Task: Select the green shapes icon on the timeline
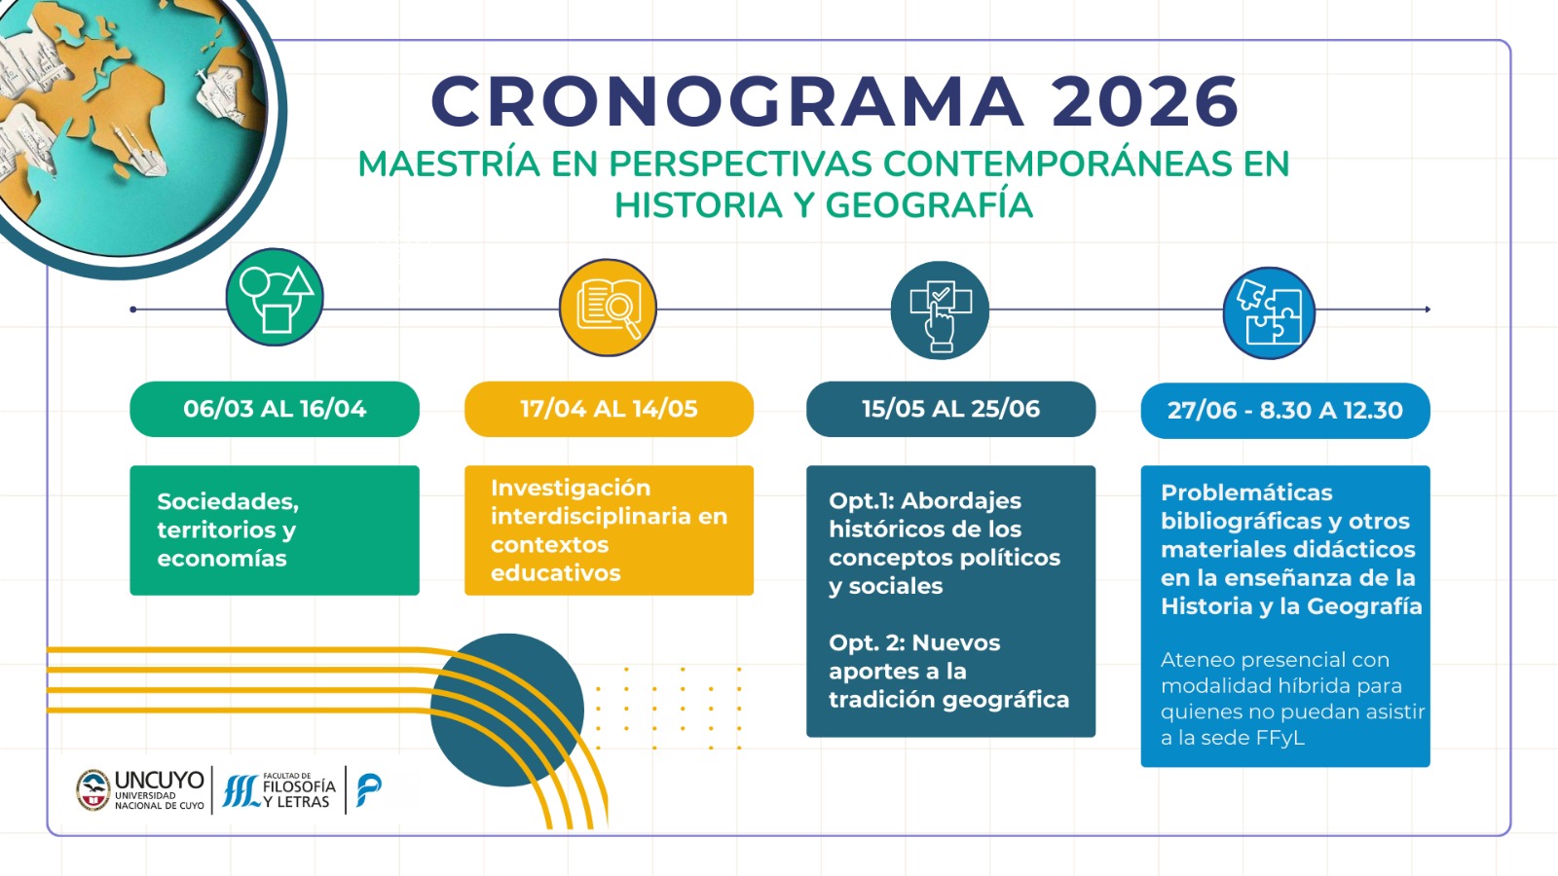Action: [x=275, y=297]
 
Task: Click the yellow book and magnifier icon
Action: [x=608, y=308]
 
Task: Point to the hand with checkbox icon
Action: [x=940, y=310]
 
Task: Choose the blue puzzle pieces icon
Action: [x=1269, y=312]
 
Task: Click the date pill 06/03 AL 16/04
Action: [x=275, y=409]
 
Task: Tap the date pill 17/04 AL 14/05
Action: [x=609, y=409]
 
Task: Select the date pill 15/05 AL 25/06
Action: [x=950, y=409]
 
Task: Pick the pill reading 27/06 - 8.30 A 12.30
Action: [x=1285, y=410]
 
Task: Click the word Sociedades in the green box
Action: [x=228, y=501]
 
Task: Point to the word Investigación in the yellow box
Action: [x=571, y=488]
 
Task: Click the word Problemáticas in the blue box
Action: [x=1246, y=493]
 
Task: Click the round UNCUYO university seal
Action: [x=93, y=790]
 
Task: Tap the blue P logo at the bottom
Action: [x=368, y=790]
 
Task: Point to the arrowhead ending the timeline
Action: [x=1428, y=310]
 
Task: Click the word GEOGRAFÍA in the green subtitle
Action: [x=929, y=205]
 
